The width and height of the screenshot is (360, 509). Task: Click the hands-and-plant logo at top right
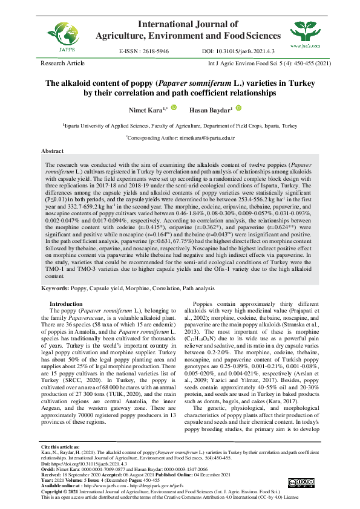(303, 31)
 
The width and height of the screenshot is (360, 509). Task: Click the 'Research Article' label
(63, 63)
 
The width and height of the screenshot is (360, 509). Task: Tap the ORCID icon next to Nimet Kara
(174, 108)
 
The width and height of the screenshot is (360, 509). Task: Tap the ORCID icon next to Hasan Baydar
(238, 108)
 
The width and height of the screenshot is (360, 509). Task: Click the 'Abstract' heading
(51, 150)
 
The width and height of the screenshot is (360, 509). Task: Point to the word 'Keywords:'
(54, 289)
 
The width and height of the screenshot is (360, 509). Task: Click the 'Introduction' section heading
(66, 303)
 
